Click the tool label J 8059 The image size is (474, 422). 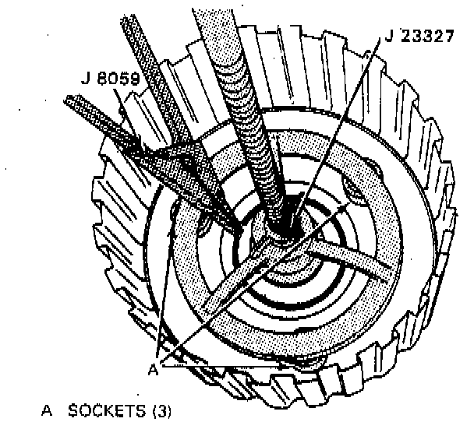[108, 78]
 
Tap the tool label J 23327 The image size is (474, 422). [422, 35]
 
